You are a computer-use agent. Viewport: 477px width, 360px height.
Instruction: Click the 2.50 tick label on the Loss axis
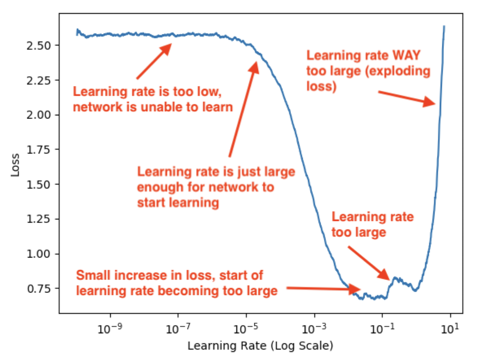pyautogui.click(x=38, y=45)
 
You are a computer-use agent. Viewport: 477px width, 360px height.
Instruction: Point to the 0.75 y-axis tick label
pyautogui.click(x=38, y=289)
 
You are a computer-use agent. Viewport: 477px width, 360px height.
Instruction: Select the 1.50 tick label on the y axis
pyautogui.click(x=38, y=184)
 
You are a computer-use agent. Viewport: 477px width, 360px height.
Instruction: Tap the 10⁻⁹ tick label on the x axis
pyautogui.click(x=110, y=328)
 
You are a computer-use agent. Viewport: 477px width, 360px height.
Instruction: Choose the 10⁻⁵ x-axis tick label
pyautogui.click(x=246, y=328)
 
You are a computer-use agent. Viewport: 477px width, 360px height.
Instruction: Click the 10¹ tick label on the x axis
pyautogui.click(x=450, y=328)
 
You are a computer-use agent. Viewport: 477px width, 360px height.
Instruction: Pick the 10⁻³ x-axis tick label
pyautogui.click(x=314, y=328)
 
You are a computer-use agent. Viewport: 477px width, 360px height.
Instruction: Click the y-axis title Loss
pyautogui.click(x=15, y=165)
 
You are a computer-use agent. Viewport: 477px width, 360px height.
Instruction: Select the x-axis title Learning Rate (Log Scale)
pyautogui.click(x=260, y=345)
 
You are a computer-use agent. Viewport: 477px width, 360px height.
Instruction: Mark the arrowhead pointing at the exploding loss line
pyautogui.click(x=430, y=102)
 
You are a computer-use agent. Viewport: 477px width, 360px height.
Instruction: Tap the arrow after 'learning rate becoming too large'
pyautogui.click(x=323, y=289)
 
